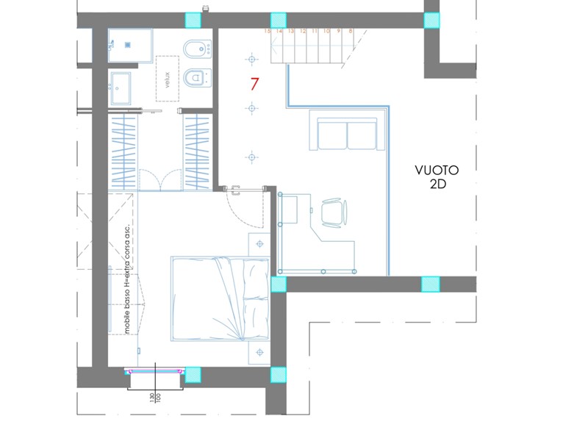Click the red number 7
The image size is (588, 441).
254,84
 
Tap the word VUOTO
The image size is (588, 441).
437,170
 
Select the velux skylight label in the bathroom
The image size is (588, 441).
168,79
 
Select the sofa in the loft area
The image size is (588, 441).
346,133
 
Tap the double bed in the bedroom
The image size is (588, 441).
219,298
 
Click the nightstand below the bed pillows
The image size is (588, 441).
259,353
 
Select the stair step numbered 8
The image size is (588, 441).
351,32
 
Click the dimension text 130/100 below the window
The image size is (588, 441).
155,400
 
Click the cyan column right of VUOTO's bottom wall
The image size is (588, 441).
430,284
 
